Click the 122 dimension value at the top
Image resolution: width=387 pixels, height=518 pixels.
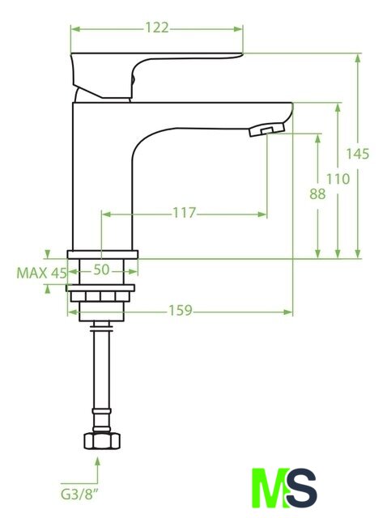tap(157, 28)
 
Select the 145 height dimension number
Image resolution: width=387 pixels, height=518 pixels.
tap(357, 154)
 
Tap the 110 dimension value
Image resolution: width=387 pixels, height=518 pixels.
tap(338, 179)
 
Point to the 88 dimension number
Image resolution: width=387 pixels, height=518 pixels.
tap(317, 194)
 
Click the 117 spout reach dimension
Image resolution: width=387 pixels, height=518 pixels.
tap(185, 213)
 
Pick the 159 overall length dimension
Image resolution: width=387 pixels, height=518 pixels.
tap(180, 311)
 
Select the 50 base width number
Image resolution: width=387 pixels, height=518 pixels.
tap(101, 270)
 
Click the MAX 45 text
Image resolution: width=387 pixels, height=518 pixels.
tap(41, 274)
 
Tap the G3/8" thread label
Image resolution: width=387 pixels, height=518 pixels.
tap(79, 495)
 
